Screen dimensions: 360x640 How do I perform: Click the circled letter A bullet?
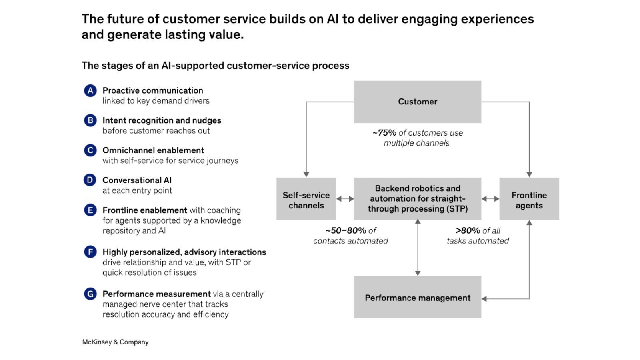coord(90,91)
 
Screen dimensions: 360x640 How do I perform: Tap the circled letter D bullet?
coord(90,180)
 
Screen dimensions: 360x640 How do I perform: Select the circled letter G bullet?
coord(90,294)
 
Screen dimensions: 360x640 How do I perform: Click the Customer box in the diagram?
coord(417,102)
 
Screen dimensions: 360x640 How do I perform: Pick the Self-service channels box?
coord(306,199)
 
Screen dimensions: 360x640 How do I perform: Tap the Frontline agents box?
coord(529,199)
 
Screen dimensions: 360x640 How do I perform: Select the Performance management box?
coord(417,297)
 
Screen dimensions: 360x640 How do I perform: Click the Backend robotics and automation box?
coord(417,199)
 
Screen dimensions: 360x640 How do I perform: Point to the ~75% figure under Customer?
coord(384,133)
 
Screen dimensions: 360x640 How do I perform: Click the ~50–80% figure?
coord(346,231)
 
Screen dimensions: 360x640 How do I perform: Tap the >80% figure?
coord(468,231)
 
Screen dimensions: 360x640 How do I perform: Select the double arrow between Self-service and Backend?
coord(345,199)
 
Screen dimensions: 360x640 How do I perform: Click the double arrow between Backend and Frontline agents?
coord(490,199)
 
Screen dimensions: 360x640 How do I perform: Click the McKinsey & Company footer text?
coord(115,342)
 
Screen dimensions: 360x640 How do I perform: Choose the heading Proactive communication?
coord(153,90)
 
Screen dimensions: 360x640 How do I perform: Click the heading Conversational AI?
coord(137,180)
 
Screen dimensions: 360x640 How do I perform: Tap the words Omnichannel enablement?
coord(153,150)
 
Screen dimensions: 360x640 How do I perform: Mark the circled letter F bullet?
coord(90,252)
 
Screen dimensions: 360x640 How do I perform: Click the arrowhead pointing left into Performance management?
coord(484,299)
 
